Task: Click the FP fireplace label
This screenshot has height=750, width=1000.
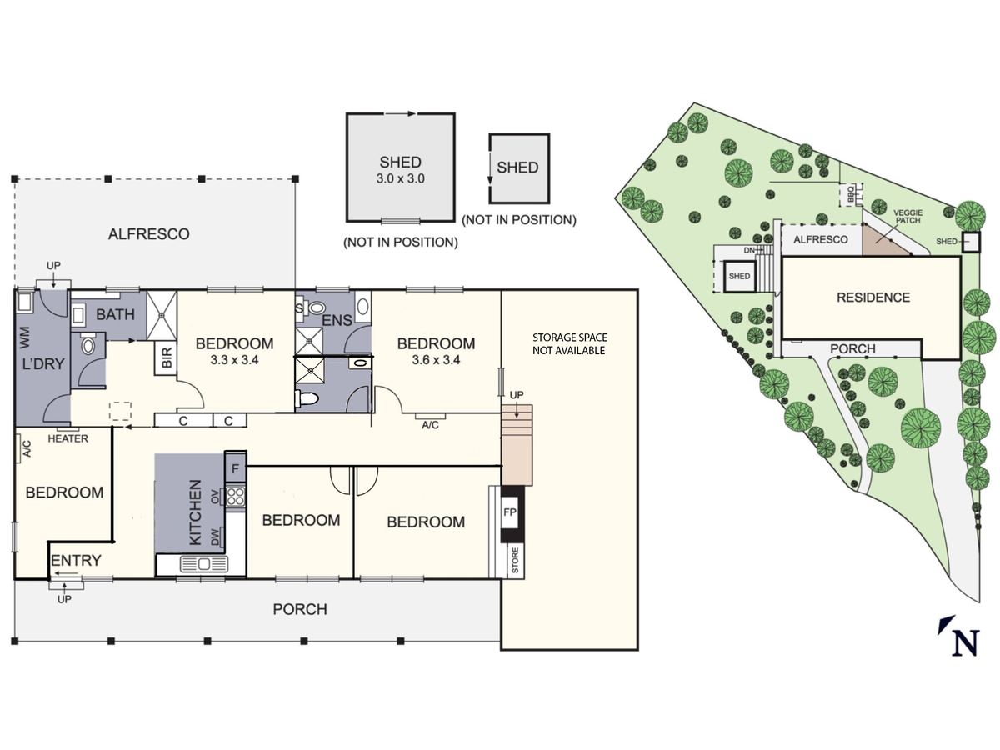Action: click(x=510, y=512)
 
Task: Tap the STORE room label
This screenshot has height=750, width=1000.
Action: click(x=515, y=561)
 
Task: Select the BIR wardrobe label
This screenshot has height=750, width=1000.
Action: click(x=167, y=358)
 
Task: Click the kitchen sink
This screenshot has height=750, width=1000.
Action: click(x=204, y=564)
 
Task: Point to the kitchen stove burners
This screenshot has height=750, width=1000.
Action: click(x=235, y=497)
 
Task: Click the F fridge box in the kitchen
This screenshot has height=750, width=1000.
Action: click(x=236, y=467)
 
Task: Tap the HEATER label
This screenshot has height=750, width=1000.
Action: click(x=67, y=438)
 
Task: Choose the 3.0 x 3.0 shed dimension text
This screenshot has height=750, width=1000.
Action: click(x=401, y=178)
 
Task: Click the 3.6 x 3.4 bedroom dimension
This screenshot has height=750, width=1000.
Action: click(x=436, y=360)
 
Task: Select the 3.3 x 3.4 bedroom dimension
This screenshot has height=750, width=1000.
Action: click(x=234, y=360)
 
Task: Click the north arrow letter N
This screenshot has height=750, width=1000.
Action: click(x=966, y=643)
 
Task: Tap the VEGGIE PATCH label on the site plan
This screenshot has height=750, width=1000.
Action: click(x=908, y=217)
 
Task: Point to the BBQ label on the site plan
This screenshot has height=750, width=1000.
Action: click(x=851, y=195)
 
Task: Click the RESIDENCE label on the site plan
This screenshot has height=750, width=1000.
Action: click(x=873, y=297)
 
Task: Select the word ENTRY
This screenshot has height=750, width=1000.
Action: click(x=76, y=560)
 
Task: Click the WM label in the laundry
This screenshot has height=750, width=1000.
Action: click(x=25, y=337)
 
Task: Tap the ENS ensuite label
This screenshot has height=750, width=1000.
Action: click(x=337, y=320)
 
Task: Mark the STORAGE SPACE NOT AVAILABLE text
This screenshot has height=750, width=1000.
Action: click(x=569, y=344)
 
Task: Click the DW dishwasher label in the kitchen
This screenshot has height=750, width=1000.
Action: click(x=215, y=537)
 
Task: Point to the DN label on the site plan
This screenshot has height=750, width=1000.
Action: click(x=749, y=251)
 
